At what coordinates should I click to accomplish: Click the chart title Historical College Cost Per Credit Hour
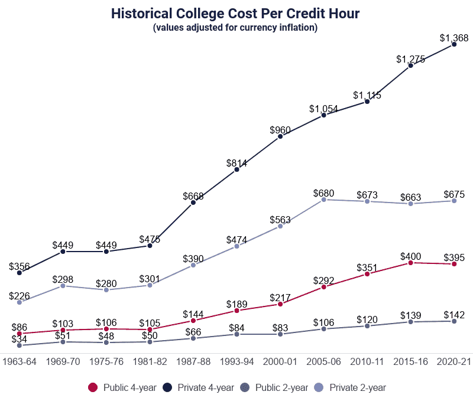235,13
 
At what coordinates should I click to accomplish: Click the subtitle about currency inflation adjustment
235,28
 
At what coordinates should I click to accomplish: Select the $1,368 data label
453,38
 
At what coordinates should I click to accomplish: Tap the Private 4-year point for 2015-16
410,66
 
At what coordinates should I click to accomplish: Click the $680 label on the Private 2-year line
323,193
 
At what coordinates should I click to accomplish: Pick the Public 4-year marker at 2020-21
454,264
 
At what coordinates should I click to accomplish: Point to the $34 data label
20,339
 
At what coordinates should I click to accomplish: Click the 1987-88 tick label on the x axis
193,361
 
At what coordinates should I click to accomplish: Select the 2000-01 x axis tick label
280,361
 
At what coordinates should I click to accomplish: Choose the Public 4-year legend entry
122,387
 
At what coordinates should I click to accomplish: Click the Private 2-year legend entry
353,387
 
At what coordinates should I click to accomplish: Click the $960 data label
280,130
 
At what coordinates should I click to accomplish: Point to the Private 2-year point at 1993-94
237,246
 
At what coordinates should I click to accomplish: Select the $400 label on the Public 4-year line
410,256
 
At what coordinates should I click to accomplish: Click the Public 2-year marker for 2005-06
323,328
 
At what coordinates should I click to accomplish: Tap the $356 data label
20,266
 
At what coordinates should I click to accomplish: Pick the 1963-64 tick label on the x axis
20,361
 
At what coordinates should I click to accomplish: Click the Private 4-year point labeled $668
193,203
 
